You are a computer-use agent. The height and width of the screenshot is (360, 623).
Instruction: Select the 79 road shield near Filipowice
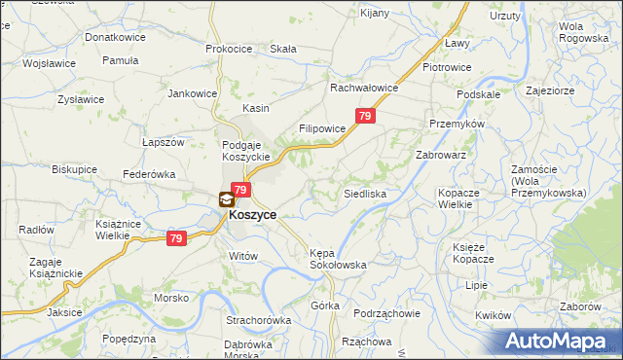[x=365, y=116]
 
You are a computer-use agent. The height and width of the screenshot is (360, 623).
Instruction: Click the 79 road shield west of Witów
[x=175, y=237]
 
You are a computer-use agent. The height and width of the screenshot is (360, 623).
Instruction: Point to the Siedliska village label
[x=365, y=195]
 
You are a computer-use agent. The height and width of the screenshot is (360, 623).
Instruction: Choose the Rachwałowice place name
[x=364, y=88]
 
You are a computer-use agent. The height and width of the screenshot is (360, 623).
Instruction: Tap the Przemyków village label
[x=451, y=124]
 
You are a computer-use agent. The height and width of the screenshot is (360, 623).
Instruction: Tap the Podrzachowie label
[x=386, y=312]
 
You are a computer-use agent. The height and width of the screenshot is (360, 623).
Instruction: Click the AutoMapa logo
[x=559, y=341]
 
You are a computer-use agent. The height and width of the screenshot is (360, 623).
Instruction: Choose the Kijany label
[x=375, y=13]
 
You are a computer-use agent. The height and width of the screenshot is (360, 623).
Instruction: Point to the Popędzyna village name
[x=128, y=339]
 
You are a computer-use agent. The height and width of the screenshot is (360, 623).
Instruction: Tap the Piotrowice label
[x=447, y=67]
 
